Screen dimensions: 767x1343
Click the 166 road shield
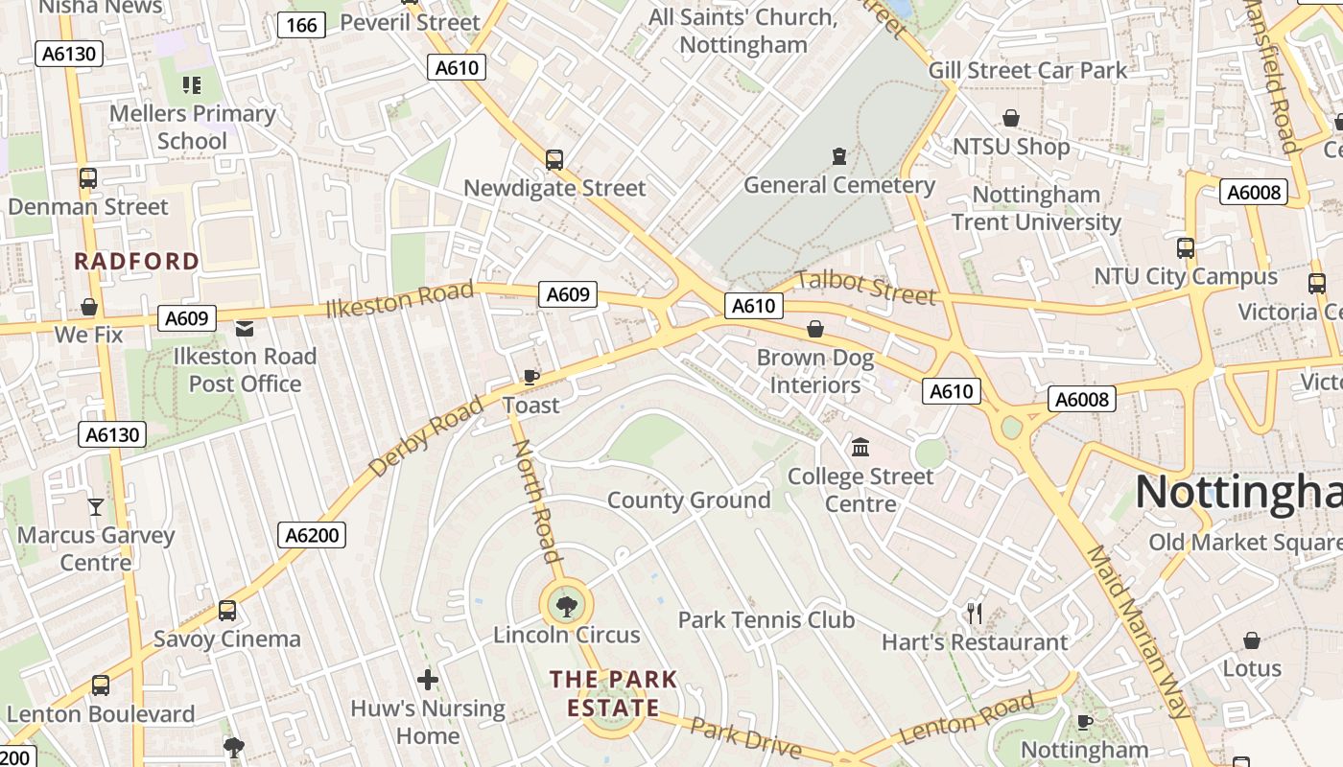pyautogui.click(x=301, y=25)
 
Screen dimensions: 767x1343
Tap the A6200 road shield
pyautogui.click(x=313, y=535)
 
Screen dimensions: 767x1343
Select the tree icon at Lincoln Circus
pyautogui.click(x=566, y=606)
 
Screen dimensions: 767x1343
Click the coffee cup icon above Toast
pyautogui.click(x=530, y=377)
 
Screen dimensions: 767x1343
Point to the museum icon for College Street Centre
pyautogui.click(x=860, y=448)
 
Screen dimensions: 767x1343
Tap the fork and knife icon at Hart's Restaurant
pyautogui.click(x=975, y=614)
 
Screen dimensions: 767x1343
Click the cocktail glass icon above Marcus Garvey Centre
pyautogui.click(x=96, y=506)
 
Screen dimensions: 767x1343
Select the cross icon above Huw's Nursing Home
pyautogui.click(x=428, y=681)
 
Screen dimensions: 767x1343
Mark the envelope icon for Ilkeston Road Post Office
pyautogui.click(x=245, y=329)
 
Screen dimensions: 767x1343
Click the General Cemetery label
pyautogui.click(x=839, y=185)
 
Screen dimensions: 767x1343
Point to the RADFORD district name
pyautogui.click(x=137, y=261)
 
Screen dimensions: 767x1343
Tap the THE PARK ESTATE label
pyautogui.click(x=613, y=694)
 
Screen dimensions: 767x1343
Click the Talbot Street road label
pyautogui.click(x=865, y=287)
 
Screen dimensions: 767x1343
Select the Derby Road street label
pyautogui.click(x=426, y=437)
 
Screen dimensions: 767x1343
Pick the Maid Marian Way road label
pyautogui.click(x=1138, y=632)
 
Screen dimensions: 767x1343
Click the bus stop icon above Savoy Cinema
pyautogui.click(x=227, y=611)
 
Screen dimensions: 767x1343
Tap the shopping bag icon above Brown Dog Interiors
pyautogui.click(x=815, y=330)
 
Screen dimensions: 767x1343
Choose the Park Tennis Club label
pyautogui.click(x=766, y=620)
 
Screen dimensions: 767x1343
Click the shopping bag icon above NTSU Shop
pyautogui.click(x=1010, y=118)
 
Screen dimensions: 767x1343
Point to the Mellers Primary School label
pyautogui.click(x=192, y=128)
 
